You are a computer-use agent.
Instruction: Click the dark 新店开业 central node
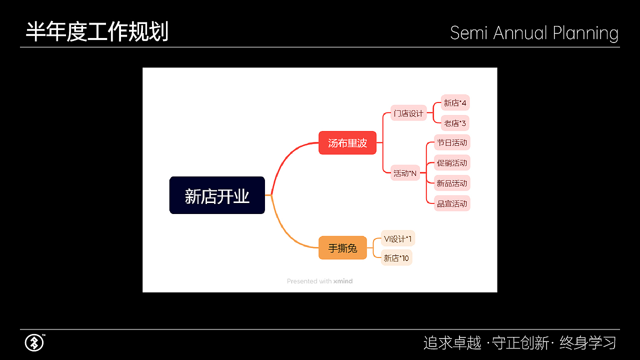coord(217,195)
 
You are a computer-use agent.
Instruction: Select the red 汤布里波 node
coord(347,143)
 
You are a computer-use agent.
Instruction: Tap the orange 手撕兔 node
coord(342,247)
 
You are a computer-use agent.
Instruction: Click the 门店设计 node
coord(408,113)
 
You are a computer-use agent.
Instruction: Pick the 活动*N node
coord(405,173)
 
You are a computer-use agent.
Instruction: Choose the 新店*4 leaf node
coord(455,103)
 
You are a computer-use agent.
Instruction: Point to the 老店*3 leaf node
coord(455,123)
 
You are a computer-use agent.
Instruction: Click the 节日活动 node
coord(452,143)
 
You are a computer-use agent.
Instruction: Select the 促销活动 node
coord(452,163)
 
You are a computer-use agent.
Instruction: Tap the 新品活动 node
coord(452,183)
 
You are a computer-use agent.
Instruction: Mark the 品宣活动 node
coord(452,203)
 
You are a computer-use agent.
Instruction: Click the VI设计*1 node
coord(398,238)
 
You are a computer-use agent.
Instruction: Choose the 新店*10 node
coord(396,258)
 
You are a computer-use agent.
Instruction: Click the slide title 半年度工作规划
coord(97,31)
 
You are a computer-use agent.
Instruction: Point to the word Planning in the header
coord(585,33)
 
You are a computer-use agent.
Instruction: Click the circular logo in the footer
coord(34,343)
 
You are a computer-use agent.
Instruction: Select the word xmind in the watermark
coord(343,281)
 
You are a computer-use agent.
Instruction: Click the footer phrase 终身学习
coord(587,343)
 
